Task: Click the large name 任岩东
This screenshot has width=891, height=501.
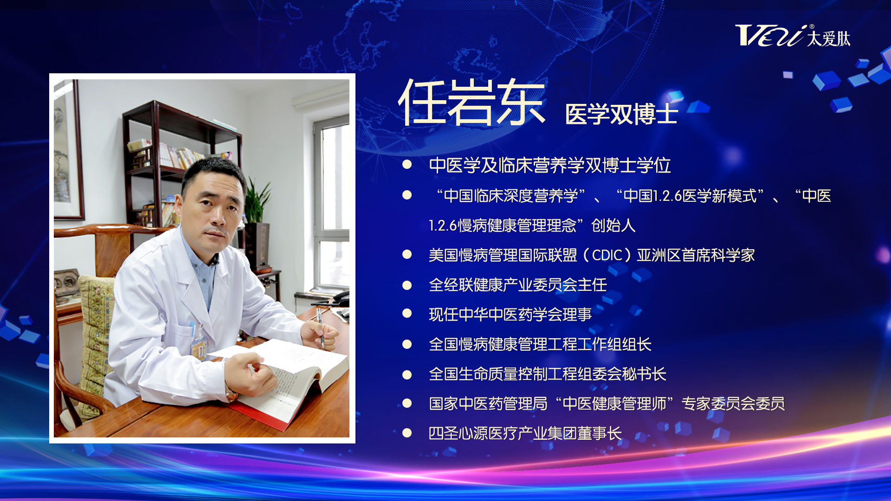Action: [471, 102]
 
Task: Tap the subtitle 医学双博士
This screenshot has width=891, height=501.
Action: [622, 114]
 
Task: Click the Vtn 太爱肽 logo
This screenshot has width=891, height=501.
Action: [793, 36]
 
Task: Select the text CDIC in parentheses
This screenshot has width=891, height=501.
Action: [607, 255]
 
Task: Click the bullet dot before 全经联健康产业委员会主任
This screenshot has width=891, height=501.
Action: [407, 285]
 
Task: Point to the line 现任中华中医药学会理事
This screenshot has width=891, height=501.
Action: [510, 315]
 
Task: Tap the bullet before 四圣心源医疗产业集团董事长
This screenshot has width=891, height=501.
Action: [407, 433]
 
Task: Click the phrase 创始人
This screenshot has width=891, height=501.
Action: [613, 225]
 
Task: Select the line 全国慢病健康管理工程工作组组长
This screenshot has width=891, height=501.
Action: [540, 344]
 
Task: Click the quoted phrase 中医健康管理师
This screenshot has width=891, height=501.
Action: [614, 404]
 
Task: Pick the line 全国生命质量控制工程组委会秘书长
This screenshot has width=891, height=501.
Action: [547, 374]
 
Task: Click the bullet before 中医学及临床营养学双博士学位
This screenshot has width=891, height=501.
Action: [407, 164]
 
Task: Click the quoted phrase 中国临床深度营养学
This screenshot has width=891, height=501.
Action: [510, 196]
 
